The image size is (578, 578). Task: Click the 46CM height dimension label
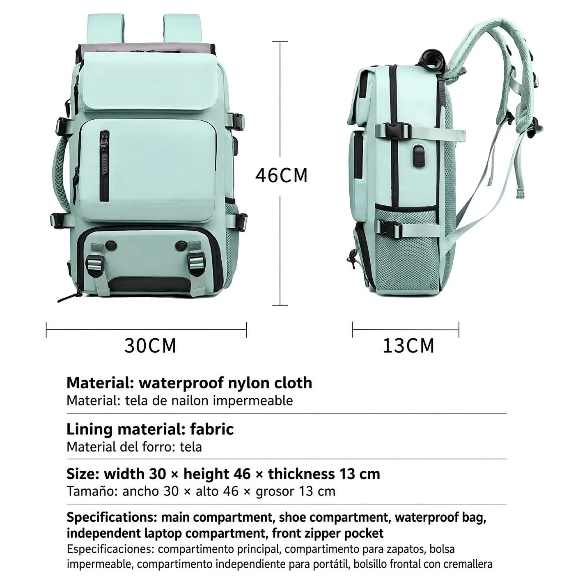tap(281, 176)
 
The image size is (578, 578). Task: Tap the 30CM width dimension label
tap(150, 346)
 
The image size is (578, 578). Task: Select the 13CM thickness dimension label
tap(408, 346)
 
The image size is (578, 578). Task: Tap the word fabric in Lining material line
tap(212, 429)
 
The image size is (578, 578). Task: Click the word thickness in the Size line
tap(301, 474)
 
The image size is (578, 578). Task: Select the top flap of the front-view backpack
tap(149, 84)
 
